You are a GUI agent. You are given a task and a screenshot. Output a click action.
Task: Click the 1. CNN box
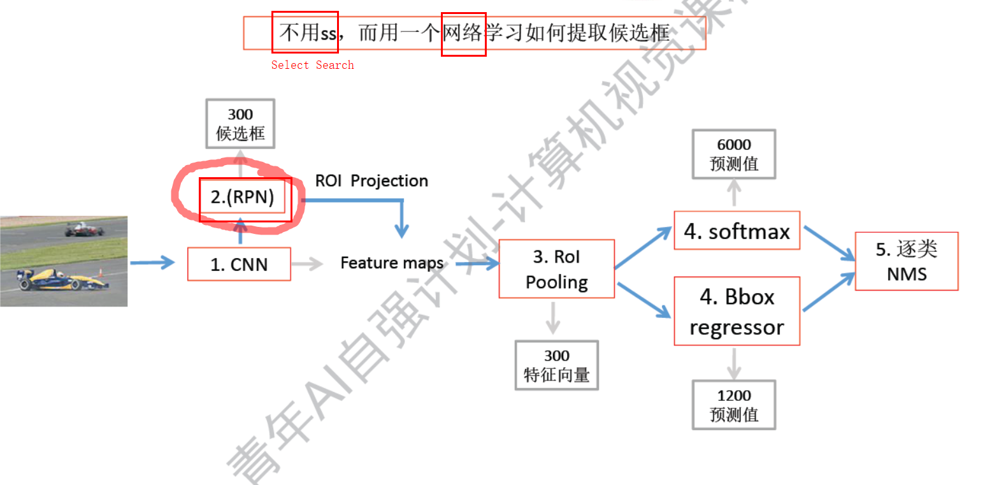click(239, 264)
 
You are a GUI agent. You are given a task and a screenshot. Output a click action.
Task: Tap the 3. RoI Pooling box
click(556, 268)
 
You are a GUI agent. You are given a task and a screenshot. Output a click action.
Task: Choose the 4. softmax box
click(737, 231)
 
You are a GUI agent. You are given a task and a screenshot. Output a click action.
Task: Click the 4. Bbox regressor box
click(737, 312)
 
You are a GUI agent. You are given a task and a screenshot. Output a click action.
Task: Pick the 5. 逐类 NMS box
click(906, 261)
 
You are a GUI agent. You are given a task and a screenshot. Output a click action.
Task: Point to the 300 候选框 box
click(240, 124)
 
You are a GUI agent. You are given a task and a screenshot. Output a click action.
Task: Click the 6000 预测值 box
click(734, 154)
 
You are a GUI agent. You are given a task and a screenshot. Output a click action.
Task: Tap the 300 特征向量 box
click(556, 365)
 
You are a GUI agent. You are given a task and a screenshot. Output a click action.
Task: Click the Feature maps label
click(392, 263)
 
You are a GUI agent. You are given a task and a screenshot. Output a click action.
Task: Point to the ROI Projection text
click(371, 181)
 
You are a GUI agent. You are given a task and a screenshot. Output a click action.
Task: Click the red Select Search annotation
click(312, 65)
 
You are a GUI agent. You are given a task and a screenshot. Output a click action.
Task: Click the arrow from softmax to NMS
click(828, 243)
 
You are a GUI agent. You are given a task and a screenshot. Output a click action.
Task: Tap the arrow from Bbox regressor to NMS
click(828, 293)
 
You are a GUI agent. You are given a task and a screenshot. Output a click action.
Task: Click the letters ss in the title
click(328, 33)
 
